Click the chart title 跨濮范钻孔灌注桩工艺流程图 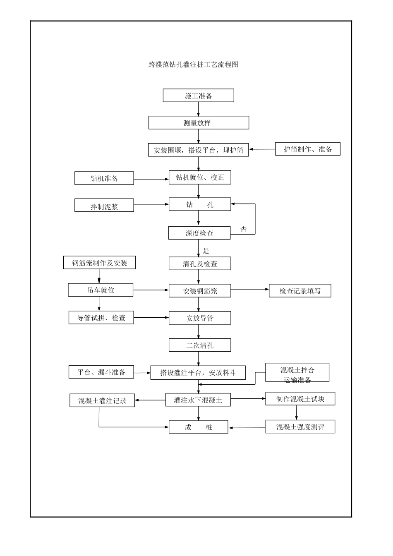point(193,65)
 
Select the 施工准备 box point(199,96)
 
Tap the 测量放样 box point(199,123)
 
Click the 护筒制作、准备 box point(308,149)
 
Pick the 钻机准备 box point(104,178)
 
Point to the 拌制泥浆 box point(104,206)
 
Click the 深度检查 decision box point(199,233)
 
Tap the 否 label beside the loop point(244,229)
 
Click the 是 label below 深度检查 point(206,251)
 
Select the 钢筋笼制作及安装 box point(99,263)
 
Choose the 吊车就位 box point(101,290)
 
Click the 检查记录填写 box point(300,291)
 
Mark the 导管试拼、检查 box point(101,318)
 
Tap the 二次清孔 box point(200,345)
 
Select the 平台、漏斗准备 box point(101,372)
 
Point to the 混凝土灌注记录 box point(102,400)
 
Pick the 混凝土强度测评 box point(300,427)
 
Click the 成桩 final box point(198,427)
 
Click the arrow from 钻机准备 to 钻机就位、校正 point(151,179)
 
